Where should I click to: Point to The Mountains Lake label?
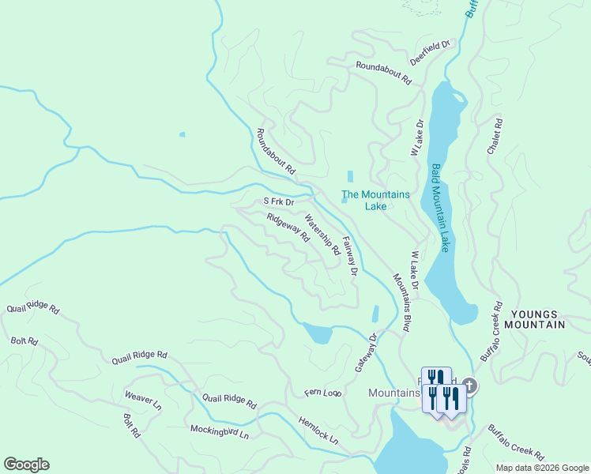375,201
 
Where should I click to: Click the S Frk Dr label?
278,201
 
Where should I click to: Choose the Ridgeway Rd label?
288,228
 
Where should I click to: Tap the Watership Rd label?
322,235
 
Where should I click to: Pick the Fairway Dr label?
349,257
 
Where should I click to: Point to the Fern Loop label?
322,393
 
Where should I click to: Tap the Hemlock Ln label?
318,430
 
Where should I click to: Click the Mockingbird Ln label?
219,431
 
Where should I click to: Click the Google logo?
26,465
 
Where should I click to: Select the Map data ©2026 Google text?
542,468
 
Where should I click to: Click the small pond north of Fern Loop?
318,333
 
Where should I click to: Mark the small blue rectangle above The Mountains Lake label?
350,176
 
